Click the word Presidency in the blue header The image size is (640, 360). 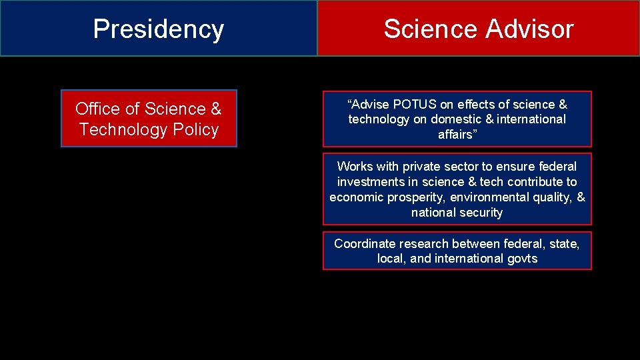(158, 29)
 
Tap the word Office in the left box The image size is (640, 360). (98, 109)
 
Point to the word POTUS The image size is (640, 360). (413, 104)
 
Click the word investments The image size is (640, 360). (369, 181)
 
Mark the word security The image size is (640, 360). (479, 213)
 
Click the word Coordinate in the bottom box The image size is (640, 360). (365, 243)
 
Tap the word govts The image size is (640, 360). (521, 259)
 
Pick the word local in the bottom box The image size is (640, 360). (391, 259)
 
